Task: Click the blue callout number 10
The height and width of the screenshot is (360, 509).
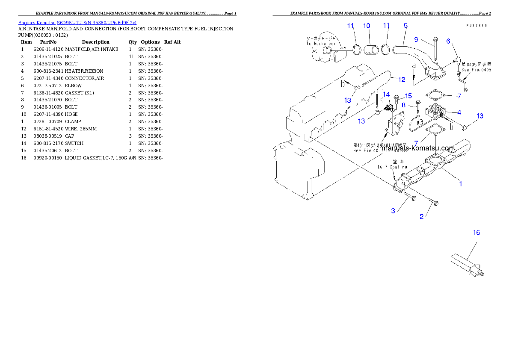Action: click(x=367, y=26)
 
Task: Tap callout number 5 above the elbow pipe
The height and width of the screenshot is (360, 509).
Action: click(x=405, y=26)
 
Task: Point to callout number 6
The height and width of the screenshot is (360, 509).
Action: click(x=448, y=41)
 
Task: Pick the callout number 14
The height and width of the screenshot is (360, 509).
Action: click(x=386, y=94)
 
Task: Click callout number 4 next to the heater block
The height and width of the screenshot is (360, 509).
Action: click(x=459, y=112)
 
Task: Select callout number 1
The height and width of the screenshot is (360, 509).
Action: click(x=460, y=184)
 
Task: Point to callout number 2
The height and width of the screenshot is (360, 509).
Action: click(x=421, y=217)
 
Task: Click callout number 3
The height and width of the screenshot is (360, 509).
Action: click(x=393, y=211)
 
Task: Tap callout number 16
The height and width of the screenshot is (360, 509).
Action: click(x=476, y=233)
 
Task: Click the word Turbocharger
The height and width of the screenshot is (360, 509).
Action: click(x=320, y=44)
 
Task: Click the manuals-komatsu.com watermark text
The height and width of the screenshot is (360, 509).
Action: click(x=417, y=148)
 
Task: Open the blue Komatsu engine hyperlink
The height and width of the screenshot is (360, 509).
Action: click(x=77, y=23)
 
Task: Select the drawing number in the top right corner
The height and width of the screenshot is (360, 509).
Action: click(x=476, y=26)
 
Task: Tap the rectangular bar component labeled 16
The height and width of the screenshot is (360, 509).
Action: click(x=462, y=261)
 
